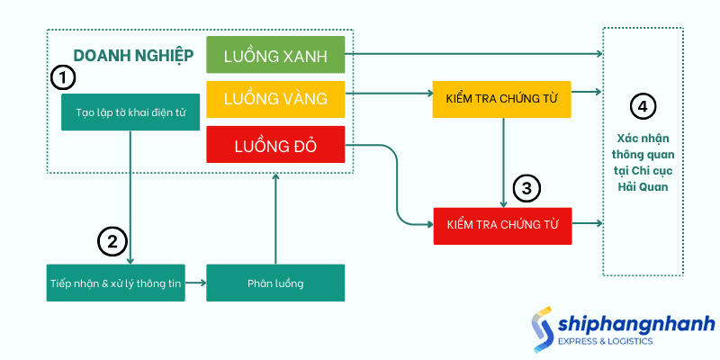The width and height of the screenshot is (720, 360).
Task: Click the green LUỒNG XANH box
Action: pyautogui.click(x=275, y=55)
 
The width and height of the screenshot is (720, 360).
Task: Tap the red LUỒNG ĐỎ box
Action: pyautogui.click(x=275, y=144)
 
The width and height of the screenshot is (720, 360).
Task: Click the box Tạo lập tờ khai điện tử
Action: pyautogui.click(x=130, y=112)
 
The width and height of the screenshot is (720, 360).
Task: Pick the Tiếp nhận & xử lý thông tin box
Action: pyautogui.click(x=116, y=283)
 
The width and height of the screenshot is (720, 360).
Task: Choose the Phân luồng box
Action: pyautogui.click(x=275, y=283)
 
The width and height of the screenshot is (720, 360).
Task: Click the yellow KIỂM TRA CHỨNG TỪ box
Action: pyautogui.click(x=502, y=99)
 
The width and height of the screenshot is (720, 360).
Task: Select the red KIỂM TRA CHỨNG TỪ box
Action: pyautogui.click(x=502, y=225)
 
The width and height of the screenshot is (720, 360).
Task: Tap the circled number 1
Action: pyautogui.click(x=61, y=78)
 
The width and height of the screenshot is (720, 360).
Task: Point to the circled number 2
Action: pyautogui.click(x=112, y=240)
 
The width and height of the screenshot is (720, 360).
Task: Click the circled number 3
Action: pyautogui.click(x=526, y=189)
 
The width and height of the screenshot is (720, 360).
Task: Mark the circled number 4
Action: pyautogui.click(x=642, y=106)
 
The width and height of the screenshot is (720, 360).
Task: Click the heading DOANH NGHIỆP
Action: pyautogui.click(x=133, y=56)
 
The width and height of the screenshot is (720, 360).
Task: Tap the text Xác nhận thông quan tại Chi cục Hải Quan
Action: pyautogui.click(x=643, y=162)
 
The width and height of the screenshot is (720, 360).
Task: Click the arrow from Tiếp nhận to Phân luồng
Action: pyautogui.click(x=195, y=283)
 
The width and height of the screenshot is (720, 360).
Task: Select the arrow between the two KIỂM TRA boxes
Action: pyautogui.click(x=502, y=162)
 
